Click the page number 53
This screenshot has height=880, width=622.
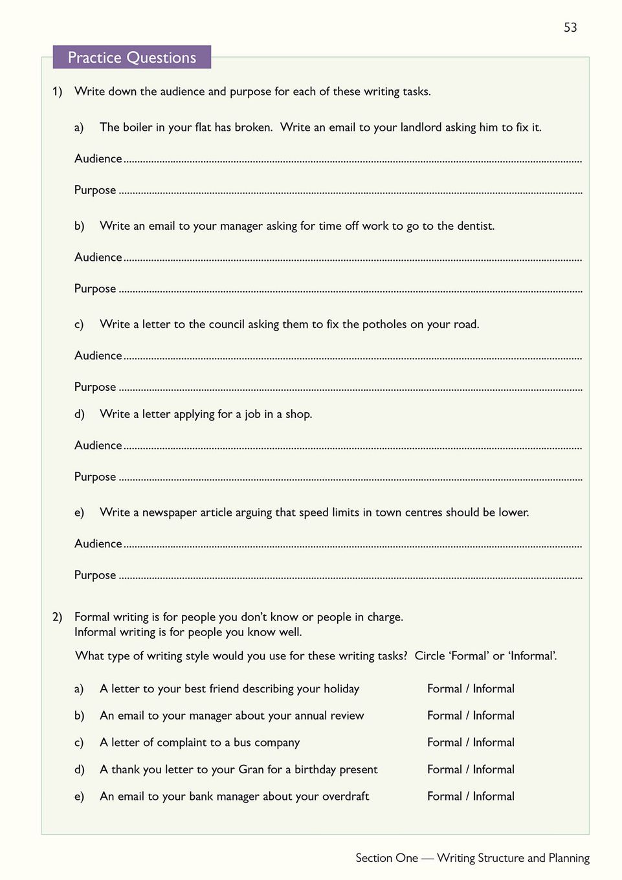click(570, 27)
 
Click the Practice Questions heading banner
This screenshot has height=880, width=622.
click(132, 58)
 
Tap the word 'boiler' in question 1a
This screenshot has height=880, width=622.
click(138, 127)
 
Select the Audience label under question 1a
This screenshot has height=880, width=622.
click(98, 159)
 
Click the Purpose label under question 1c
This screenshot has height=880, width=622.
click(95, 387)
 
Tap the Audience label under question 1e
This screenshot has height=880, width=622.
click(98, 544)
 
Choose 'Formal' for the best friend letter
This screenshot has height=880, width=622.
click(444, 688)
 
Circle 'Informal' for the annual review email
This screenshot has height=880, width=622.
click(493, 716)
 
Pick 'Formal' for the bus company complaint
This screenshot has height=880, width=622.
click(444, 742)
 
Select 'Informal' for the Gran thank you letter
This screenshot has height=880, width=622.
click(493, 769)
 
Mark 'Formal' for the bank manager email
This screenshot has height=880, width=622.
click(444, 797)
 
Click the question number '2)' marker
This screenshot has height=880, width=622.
click(58, 617)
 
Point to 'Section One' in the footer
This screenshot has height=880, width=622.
click(386, 858)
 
